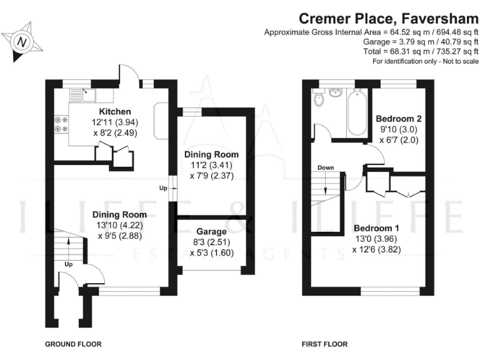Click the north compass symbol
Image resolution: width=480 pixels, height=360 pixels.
(x=23, y=42)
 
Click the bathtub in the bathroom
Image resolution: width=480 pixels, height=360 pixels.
(x=357, y=112)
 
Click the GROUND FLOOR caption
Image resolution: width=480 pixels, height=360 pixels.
(x=73, y=344)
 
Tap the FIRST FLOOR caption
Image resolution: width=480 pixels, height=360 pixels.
(x=324, y=344)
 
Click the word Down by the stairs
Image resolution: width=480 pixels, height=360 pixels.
(x=326, y=167)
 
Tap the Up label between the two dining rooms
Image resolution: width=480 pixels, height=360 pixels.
(x=163, y=187)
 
